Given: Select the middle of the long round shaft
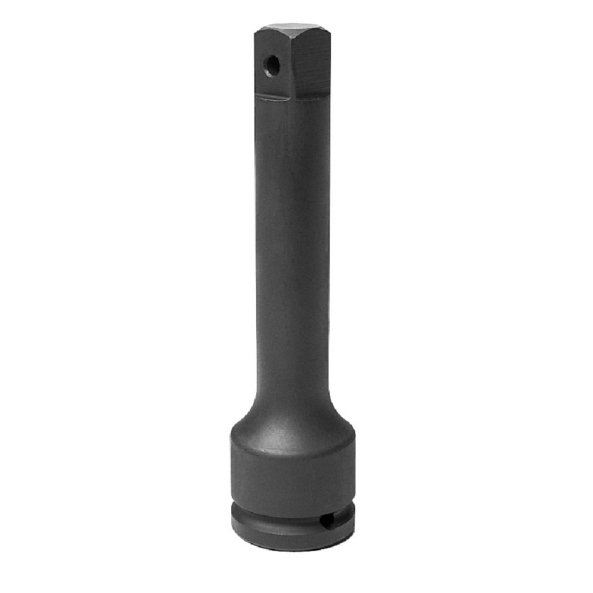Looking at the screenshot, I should tap(292, 249).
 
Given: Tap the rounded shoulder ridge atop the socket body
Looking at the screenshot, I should tap(292, 436).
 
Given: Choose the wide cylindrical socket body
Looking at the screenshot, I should tap(292, 474).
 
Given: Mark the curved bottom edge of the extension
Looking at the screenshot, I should tap(292, 547).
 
